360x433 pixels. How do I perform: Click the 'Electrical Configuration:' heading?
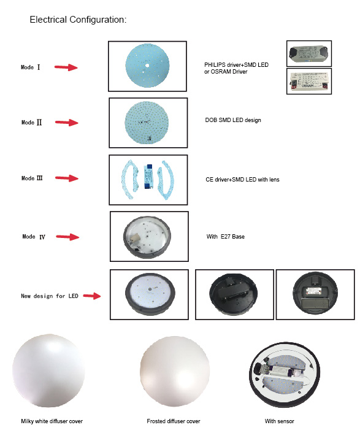tap(78, 20)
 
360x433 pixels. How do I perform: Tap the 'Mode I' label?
tap(31, 67)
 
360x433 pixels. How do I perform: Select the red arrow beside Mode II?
tap(66, 122)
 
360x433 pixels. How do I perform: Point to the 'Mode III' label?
tap(32, 178)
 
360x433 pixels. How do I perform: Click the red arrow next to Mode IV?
tap(67, 237)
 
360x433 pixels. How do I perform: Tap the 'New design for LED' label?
tap(50, 296)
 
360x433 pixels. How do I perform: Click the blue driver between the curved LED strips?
tap(148, 177)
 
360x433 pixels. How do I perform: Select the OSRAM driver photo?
tap(309, 81)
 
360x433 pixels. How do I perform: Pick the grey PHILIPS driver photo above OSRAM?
tap(309, 53)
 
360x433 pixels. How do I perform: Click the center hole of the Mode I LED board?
tap(147, 66)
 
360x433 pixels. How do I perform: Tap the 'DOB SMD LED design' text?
tap(233, 120)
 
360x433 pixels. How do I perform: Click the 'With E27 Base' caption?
tap(226, 237)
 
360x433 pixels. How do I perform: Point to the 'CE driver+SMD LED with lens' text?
tap(242, 180)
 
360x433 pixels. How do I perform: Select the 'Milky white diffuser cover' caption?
tap(52, 421)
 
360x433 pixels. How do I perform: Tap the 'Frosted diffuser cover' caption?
tap(174, 421)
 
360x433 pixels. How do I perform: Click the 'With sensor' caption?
tap(280, 421)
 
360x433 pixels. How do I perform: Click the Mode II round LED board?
tap(147, 123)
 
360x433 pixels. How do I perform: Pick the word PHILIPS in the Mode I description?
tap(215, 64)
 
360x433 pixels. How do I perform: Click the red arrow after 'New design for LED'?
tap(92, 296)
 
